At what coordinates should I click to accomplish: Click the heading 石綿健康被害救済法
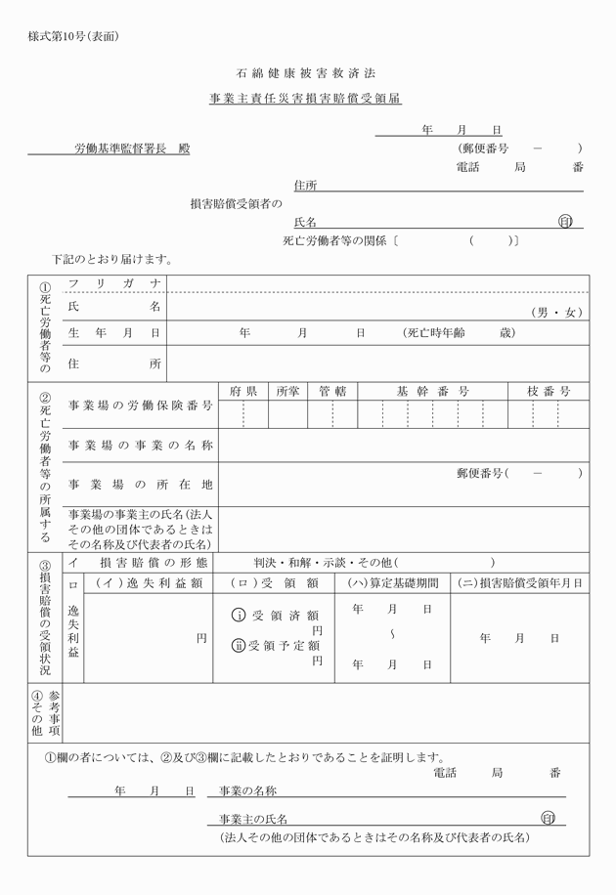306,73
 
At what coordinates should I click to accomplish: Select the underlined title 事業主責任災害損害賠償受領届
306,99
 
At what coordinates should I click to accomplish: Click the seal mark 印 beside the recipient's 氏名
564,221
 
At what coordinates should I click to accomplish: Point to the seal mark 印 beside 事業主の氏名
549,818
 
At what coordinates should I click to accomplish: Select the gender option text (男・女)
556,313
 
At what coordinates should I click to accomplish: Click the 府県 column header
243,391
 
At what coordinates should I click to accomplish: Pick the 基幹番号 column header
432,391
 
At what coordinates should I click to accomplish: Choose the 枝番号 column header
549,391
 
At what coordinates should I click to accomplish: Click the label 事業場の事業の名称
140,446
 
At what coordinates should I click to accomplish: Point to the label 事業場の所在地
140,484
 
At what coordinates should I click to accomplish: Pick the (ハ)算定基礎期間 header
392,583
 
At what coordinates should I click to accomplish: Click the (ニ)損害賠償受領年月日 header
520,583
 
